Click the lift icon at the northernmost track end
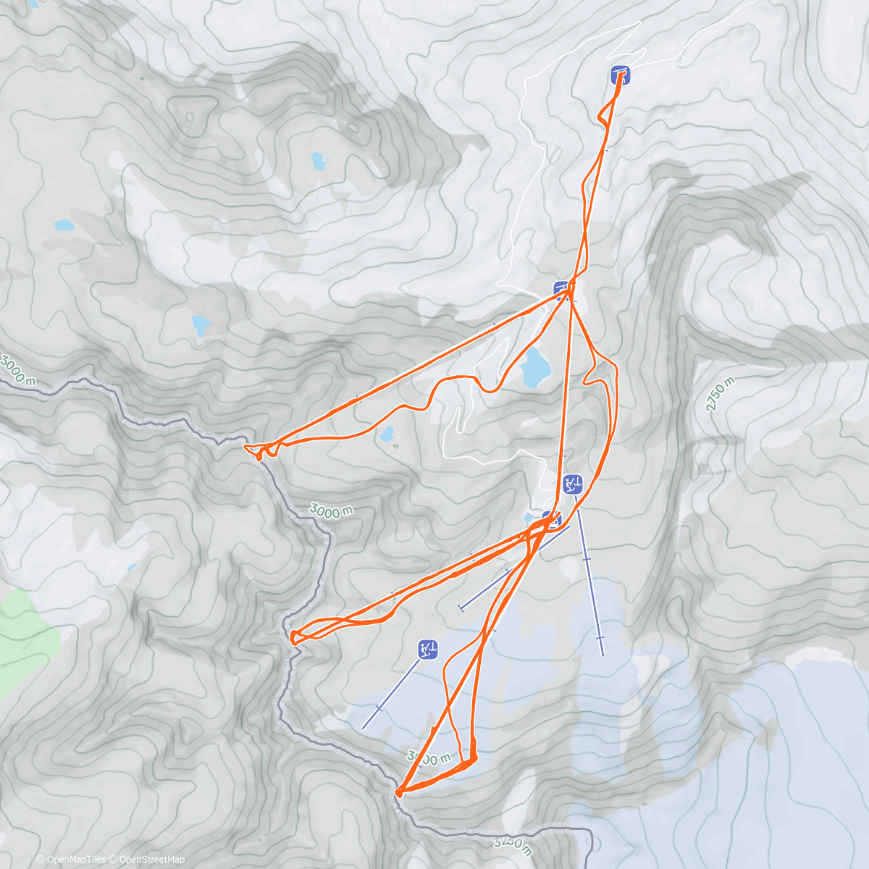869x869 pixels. [x=620, y=75]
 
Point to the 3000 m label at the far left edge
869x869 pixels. [x=16, y=369]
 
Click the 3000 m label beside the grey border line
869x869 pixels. [x=332, y=511]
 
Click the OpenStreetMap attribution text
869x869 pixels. [x=152, y=860]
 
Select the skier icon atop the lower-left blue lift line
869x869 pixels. [x=428, y=650]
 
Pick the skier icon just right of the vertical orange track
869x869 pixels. [x=573, y=484]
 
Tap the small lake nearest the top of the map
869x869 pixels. [x=318, y=160]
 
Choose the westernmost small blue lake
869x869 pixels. [x=64, y=225]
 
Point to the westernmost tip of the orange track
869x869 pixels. [x=245, y=448]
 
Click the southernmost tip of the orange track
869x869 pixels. [x=398, y=794]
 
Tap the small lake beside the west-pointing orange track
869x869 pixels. [x=387, y=434]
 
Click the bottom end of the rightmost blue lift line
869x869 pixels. [x=603, y=655]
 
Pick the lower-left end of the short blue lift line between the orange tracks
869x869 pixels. [x=461, y=607]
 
